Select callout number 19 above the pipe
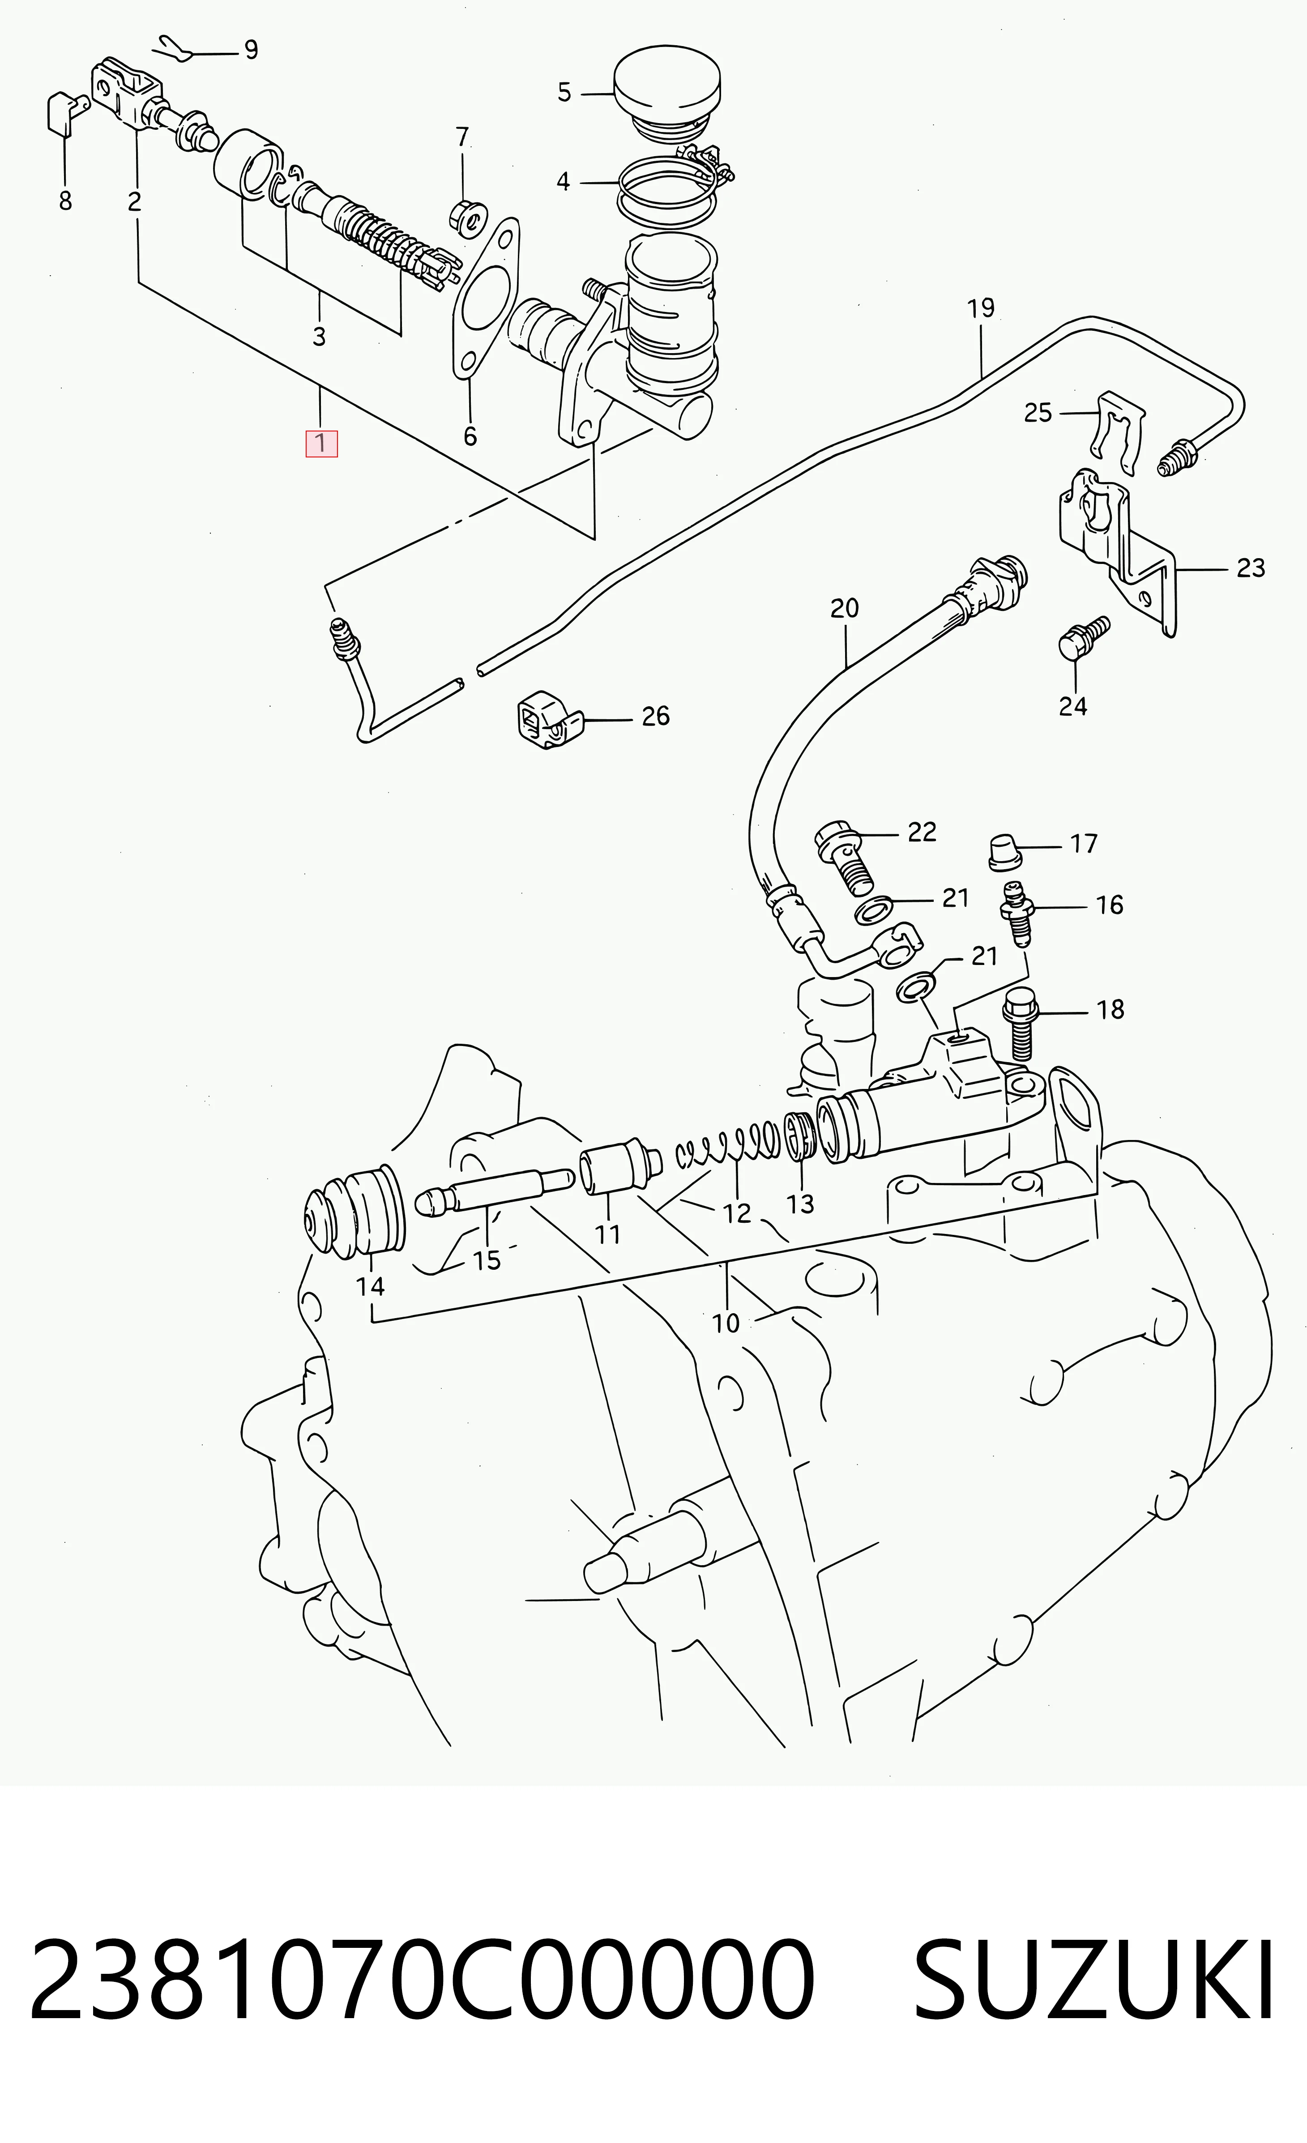pos(981,308)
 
